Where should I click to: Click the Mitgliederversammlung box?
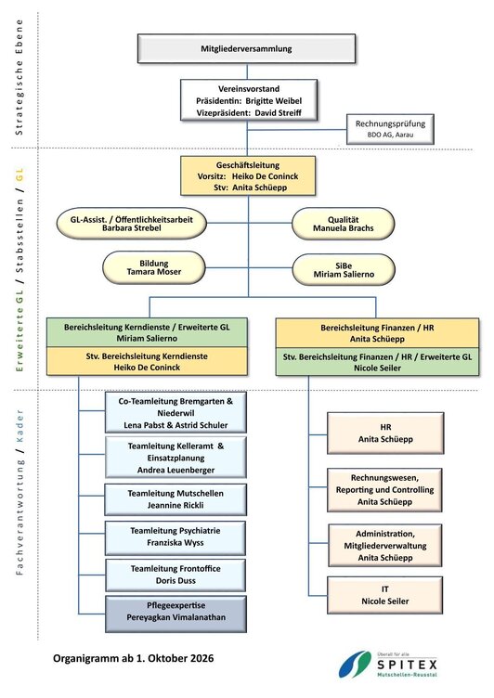[246, 48]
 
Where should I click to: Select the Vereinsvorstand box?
[249, 100]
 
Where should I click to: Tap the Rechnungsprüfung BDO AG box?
[390, 129]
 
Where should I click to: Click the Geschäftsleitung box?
[248, 175]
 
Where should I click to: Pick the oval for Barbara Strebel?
[132, 224]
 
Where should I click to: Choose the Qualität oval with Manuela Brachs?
[343, 224]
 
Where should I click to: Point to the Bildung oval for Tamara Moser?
[154, 267]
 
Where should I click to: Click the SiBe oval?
[344, 270]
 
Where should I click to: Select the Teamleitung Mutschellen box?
[175, 499]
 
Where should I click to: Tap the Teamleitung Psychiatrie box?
[175, 537]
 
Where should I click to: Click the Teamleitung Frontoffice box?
[175, 575]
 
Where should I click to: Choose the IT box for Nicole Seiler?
[384, 595]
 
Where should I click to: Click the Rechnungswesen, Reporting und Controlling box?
[384, 490]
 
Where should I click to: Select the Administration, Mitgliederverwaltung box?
[385, 546]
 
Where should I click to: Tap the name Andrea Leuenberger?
[175, 470]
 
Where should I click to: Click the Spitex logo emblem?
[355, 665]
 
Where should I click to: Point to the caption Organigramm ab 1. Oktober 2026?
[133, 658]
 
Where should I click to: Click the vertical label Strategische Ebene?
[19, 77]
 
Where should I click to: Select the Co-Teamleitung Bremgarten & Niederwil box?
[175, 413]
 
